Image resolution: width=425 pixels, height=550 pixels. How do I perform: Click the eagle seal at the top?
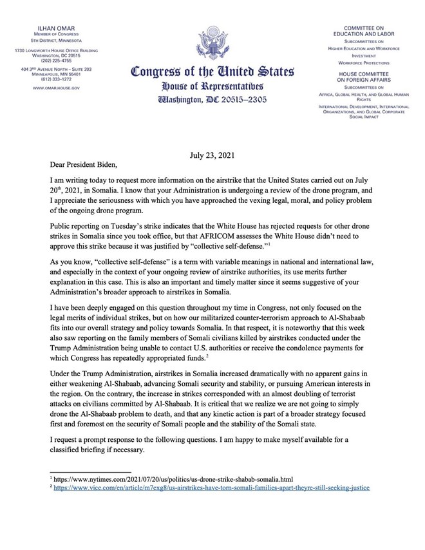(x=212, y=43)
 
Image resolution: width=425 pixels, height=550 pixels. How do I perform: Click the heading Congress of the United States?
(x=212, y=72)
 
